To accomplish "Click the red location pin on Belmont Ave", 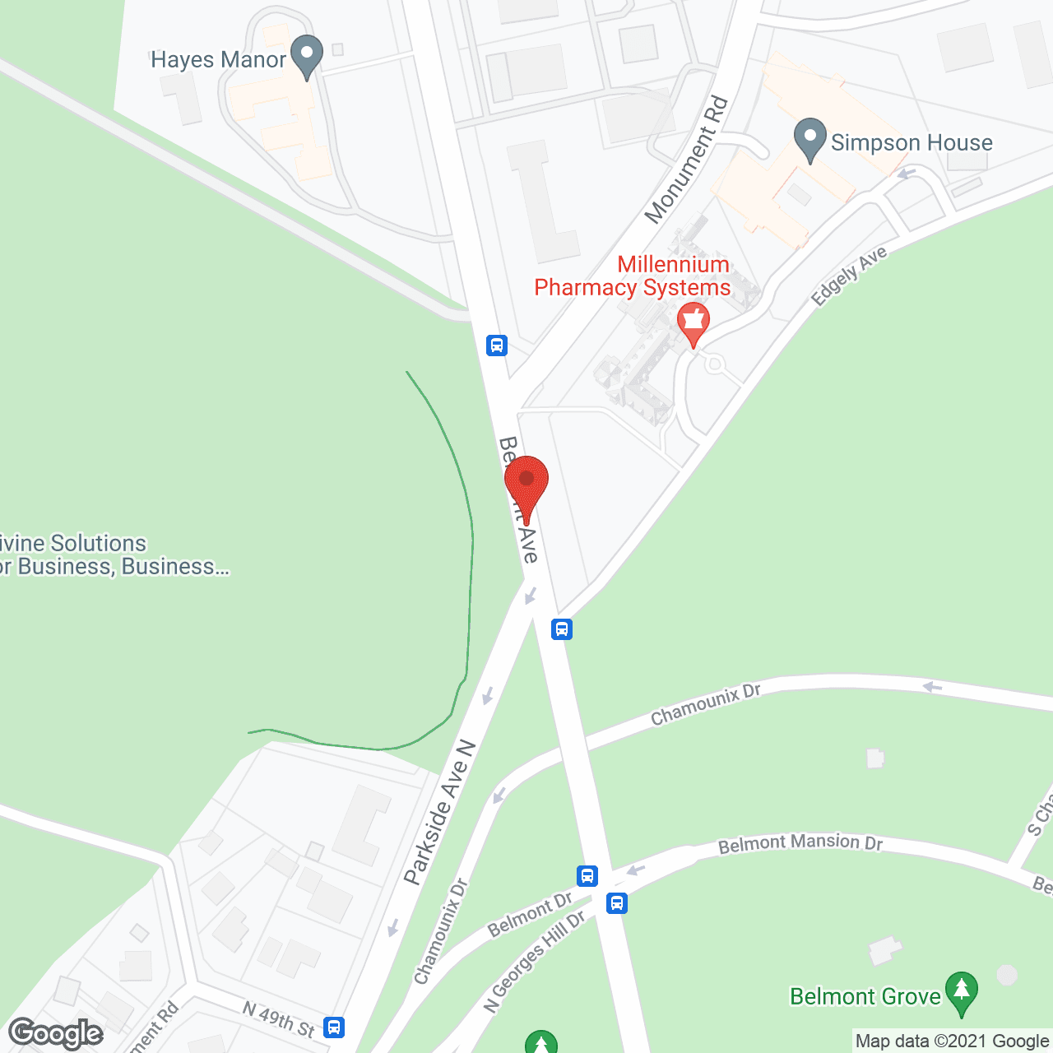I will pos(526,485).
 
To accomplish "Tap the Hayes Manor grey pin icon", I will pos(307,55).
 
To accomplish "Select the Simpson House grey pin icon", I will pos(810,139).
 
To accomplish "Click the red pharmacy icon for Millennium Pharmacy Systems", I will pos(693,322).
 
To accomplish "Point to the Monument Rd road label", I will pos(687,160).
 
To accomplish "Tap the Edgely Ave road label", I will pos(849,276).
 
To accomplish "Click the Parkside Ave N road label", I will pos(440,813).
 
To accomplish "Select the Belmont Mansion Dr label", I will pos(800,843).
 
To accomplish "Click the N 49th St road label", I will pos(279,1018).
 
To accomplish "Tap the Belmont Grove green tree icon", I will pos(961,993).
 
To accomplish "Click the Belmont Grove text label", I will pos(865,996).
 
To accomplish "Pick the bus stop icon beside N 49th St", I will pos(334,1027).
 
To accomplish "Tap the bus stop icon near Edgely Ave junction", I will pos(562,629).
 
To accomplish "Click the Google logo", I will pos(55,1033).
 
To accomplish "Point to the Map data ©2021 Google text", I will pos(952,1041).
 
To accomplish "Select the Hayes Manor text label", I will pos(218,60).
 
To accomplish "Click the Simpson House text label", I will pos(912,143).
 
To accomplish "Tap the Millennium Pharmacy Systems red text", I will pos(633,276).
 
